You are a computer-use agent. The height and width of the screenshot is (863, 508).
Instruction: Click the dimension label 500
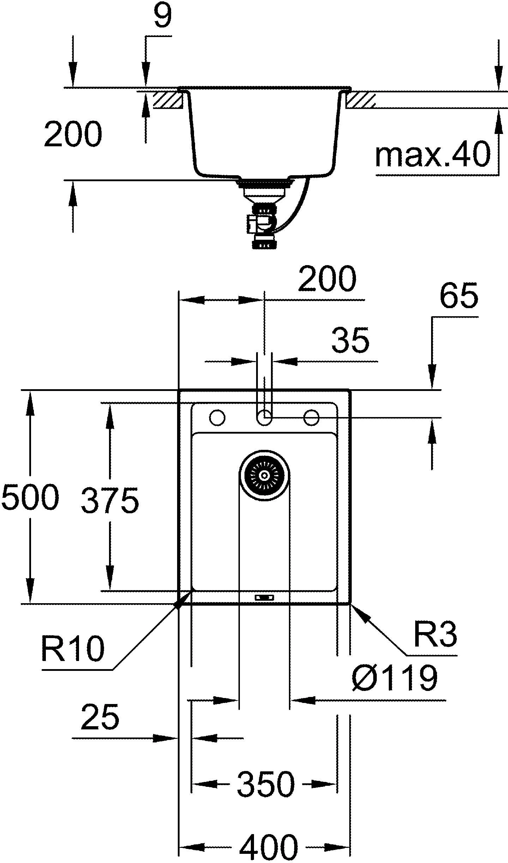(x=30, y=496)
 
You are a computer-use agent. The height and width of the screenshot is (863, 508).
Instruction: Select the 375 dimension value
(x=110, y=500)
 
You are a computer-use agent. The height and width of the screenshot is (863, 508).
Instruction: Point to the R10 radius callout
(x=73, y=648)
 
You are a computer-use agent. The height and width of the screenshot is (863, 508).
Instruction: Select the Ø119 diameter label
(x=394, y=677)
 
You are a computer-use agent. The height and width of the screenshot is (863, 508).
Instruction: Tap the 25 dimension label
(x=100, y=716)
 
